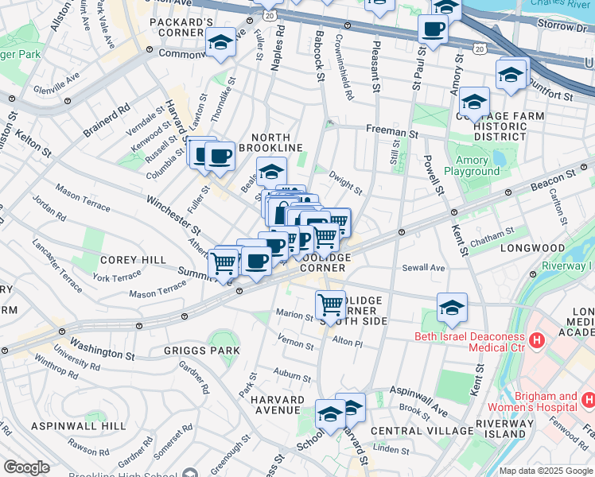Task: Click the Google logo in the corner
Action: point(26,467)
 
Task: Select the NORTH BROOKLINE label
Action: point(278,148)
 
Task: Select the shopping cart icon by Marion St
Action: point(330,304)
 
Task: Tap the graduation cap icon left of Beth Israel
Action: point(452,307)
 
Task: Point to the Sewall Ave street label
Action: point(422,268)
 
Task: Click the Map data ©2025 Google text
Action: point(545,471)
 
